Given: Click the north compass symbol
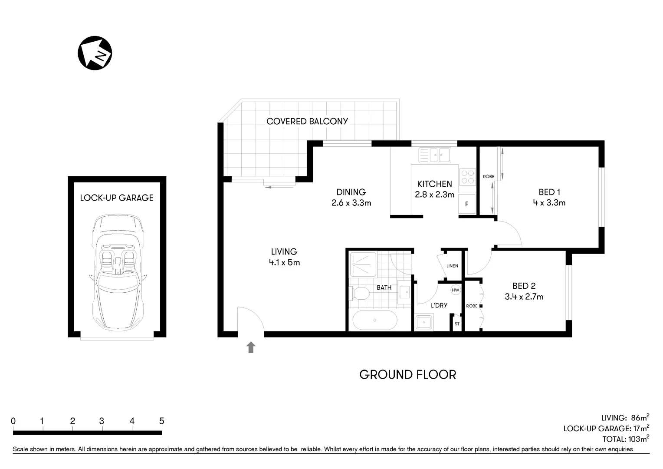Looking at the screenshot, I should coord(95,53).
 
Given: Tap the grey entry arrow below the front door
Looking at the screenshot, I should coord(251,347).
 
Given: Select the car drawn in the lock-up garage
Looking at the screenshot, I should coord(117,272).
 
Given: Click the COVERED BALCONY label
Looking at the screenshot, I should coord(307,122).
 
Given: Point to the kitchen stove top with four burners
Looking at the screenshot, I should coord(467,177).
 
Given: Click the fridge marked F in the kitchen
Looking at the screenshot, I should coord(467,204).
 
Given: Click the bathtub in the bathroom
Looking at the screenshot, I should coord(374,321).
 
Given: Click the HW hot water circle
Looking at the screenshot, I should coord(455,290).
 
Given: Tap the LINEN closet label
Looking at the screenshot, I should coord(452,266).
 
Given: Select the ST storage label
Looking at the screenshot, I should coord(457,324).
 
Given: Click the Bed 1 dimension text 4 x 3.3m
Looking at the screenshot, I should coord(549,203).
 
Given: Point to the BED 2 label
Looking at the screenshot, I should coord(524,286).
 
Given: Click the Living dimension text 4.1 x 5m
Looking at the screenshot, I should coord(284,262).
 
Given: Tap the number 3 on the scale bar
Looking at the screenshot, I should coord(102,421).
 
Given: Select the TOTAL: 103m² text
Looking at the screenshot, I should coord(625,439).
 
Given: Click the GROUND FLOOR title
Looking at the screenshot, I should coord(407,375).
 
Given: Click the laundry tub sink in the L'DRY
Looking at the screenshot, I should coord(423,323).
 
